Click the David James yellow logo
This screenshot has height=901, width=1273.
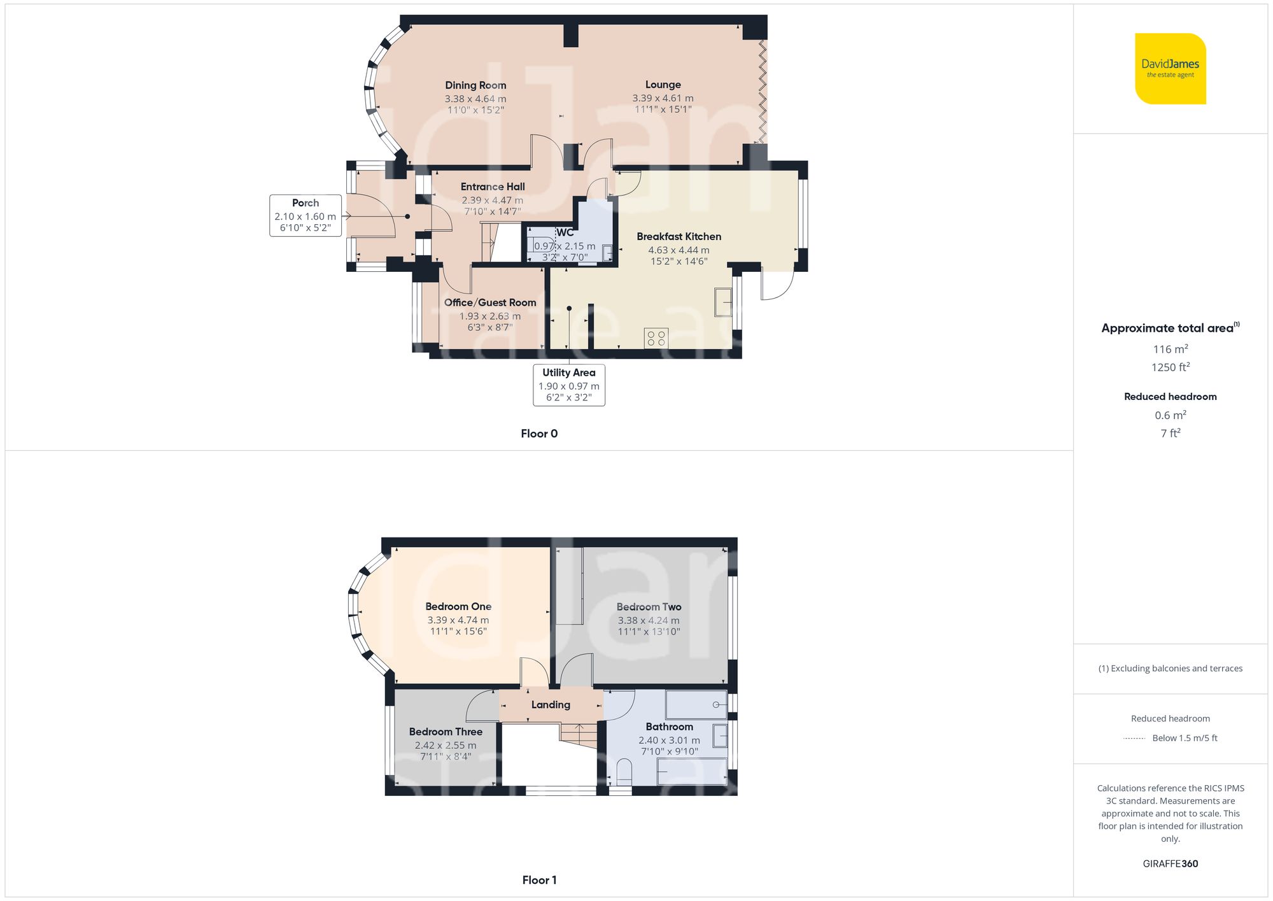[x=1170, y=69]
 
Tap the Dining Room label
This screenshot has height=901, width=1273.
[x=475, y=85]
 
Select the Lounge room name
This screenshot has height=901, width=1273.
[x=663, y=85]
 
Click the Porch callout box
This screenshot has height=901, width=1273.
[x=306, y=215]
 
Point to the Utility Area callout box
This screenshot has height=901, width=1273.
[x=568, y=385]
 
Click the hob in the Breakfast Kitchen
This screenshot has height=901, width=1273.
[x=656, y=338]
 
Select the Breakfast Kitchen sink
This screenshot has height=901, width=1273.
[x=723, y=302]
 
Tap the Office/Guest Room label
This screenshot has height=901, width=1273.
[x=490, y=302]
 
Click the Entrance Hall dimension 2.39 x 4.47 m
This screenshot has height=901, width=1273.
[x=492, y=200]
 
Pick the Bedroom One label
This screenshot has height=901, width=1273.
[x=458, y=607]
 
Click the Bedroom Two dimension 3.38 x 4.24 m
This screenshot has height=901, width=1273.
[x=648, y=620]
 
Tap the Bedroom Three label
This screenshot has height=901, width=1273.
[x=446, y=732]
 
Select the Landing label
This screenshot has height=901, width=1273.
[x=551, y=705]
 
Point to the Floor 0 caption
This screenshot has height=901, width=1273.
[x=539, y=434]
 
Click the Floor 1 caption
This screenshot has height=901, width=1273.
[x=539, y=880]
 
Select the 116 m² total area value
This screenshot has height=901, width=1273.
[x=1170, y=349]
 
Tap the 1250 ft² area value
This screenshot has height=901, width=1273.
[x=1170, y=367]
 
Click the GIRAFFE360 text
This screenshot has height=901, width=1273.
[x=1170, y=864]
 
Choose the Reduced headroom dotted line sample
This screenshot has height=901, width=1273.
[x=1134, y=739]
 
